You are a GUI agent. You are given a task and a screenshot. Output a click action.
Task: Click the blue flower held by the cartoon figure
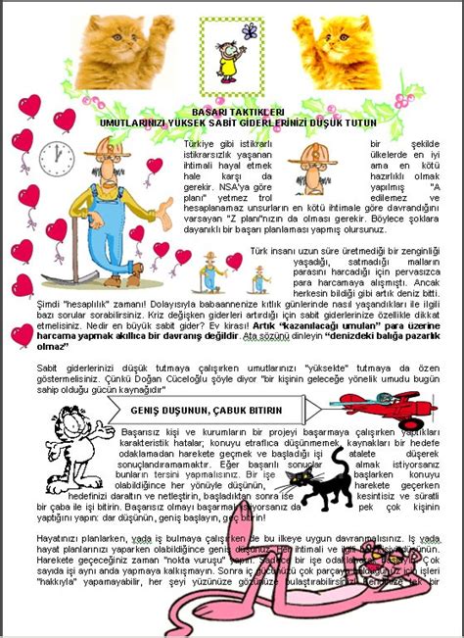(252, 31)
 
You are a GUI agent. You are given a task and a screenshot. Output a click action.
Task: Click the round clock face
(56, 158)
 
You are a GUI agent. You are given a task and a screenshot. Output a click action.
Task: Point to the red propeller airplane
(375, 404)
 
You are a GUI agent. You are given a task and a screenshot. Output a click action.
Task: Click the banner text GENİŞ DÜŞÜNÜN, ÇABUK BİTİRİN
(206, 410)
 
